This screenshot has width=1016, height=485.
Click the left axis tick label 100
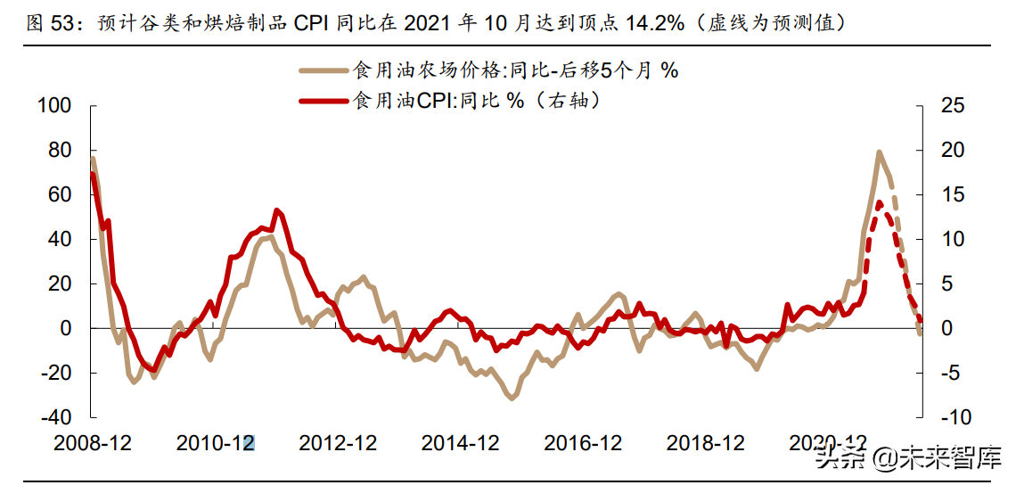[x=53, y=106]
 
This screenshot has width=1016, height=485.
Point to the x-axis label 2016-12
[x=582, y=443]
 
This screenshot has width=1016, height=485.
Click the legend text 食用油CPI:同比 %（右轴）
[x=477, y=101]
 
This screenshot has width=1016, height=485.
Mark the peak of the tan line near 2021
[x=879, y=152]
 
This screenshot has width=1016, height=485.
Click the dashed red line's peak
[x=880, y=202]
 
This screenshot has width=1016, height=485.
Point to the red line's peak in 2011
[x=277, y=210]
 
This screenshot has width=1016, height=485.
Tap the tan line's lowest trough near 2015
[x=512, y=398]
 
